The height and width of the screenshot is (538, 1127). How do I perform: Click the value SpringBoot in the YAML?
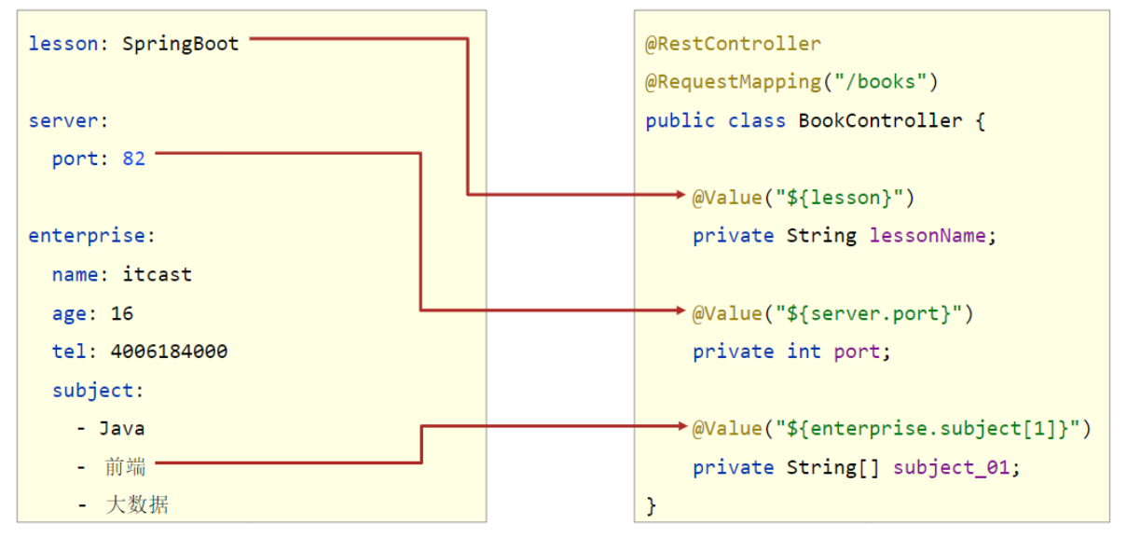click(x=181, y=44)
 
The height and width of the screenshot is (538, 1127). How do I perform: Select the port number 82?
click(x=134, y=159)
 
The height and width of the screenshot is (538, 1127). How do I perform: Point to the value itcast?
click(x=157, y=274)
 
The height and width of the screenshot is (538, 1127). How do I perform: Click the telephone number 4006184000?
click(x=169, y=352)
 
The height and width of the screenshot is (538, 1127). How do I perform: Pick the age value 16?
click(x=122, y=313)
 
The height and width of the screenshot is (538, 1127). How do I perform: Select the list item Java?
click(x=122, y=429)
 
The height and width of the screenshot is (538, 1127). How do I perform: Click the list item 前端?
click(x=126, y=467)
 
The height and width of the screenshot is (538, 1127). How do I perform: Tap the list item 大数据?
click(x=137, y=505)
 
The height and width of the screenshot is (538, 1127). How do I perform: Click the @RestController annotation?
click(x=733, y=44)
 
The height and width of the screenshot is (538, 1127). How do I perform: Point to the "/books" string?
click(x=880, y=82)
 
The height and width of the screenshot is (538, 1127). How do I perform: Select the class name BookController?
click(x=880, y=120)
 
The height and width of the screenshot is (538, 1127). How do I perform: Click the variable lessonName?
click(x=927, y=236)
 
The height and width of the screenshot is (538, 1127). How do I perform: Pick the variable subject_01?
click(x=951, y=467)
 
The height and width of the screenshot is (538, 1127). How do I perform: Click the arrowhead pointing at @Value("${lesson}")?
click(x=680, y=195)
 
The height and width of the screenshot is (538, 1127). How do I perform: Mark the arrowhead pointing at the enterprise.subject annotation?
click(x=680, y=426)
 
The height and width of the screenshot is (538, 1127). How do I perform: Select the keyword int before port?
click(x=804, y=352)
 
